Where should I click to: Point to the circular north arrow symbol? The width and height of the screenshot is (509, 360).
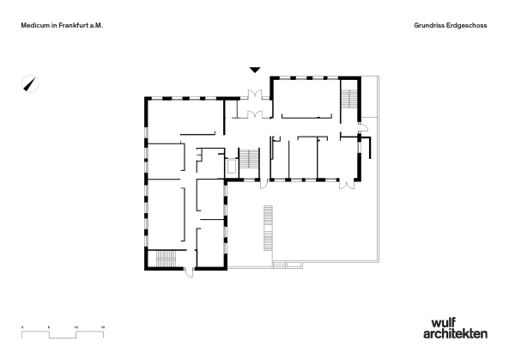tap(31, 84)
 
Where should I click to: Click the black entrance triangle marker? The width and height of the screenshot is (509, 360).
tap(254, 69)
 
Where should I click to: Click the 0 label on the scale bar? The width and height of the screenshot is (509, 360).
tap(23, 327)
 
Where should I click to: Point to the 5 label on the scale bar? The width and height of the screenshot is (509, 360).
tap(50, 327)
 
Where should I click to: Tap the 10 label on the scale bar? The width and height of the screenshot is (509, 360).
tap(76, 327)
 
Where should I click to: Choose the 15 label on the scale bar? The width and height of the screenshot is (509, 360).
tap(103, 327)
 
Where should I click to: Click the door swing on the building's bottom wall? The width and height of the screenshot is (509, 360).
tap(189, 273)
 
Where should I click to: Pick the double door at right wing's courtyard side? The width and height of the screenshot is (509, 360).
tap(347, 184)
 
